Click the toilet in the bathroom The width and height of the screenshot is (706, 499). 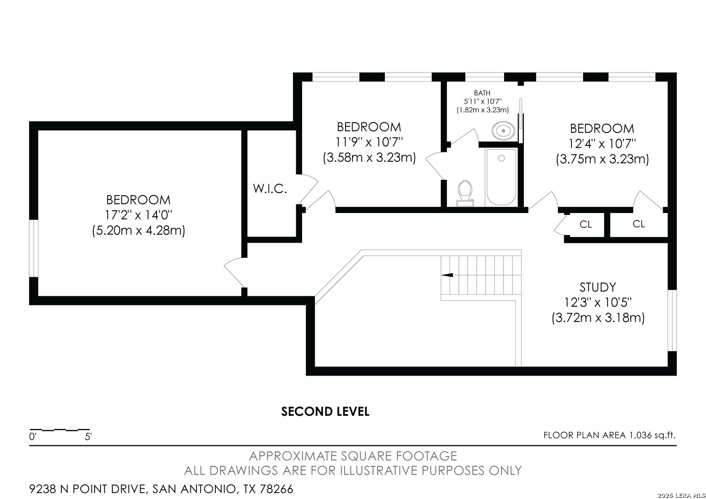click(465, 194)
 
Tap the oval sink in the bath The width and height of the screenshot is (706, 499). click(503, 130)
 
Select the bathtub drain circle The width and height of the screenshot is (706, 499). click(501, 158)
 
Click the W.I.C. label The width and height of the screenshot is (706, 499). click(270, 189)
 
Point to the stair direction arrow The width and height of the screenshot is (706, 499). click(447, 275)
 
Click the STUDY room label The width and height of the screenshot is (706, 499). click(597, 287)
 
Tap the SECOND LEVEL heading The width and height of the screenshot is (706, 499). click(325, 411)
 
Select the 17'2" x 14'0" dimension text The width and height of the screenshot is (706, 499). click(138, 215)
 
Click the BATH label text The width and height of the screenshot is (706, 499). click(482, 93)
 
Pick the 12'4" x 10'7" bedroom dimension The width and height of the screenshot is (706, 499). click(602, 144)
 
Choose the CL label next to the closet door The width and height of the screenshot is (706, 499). click(585, 224)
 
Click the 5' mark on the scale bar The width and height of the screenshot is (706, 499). click(88, 437)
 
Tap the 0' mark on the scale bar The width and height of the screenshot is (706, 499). click(33, 437)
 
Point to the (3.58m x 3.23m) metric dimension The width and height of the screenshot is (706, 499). click(369, 157)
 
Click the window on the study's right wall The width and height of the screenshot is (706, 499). click(672, 320)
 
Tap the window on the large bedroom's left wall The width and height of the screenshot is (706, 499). click(34, 249)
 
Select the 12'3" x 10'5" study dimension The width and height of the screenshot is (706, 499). click(597, 303)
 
